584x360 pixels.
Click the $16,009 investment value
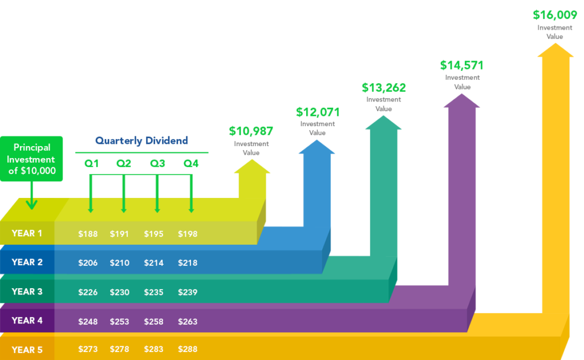coord(555,15)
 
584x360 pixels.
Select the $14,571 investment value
coord(462,65)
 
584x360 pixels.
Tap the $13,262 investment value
coord(384,88)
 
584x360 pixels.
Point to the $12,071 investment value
coord(318,112)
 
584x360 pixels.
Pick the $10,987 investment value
coord(251,131)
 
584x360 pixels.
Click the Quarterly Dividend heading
coord(141,140)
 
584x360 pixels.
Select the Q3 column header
coord(157,164)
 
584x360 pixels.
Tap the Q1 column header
coord(92,164)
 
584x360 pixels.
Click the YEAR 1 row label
coord(27,233)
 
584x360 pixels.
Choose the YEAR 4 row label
coord(27,321)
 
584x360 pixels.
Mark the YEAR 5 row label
coord(27,350)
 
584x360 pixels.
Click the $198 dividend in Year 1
coord(188,234)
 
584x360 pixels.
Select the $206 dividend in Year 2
coord(88,263)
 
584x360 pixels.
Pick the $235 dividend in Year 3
coord(154,292)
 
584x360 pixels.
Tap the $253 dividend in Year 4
coord(120,322)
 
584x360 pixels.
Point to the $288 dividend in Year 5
coord(188,349)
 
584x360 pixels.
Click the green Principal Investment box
coord(31,159)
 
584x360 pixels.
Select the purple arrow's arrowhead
coord(462,101)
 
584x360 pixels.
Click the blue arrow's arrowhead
coord(317,147)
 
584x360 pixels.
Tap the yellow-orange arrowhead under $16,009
coord(555,50)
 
